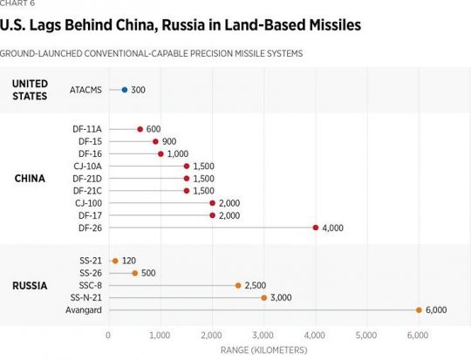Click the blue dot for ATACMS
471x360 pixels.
[124, 90]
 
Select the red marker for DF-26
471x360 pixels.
[315, 228]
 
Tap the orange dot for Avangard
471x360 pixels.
[419, 309]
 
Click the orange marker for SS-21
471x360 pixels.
[114, 261]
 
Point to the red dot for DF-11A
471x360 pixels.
[140, 129]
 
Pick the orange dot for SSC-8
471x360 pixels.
[237, 285]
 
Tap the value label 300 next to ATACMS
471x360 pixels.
[138, 90]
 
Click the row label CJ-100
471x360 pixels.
[88, 202]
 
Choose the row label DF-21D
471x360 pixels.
[88, 178]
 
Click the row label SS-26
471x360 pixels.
[91, 273]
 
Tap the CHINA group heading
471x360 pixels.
[31, 179]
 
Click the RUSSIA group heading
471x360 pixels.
[31, 285]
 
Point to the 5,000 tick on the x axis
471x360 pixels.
[366, 335]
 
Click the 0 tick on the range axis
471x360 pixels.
[108, 335]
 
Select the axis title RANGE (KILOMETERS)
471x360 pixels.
[263, 350]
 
